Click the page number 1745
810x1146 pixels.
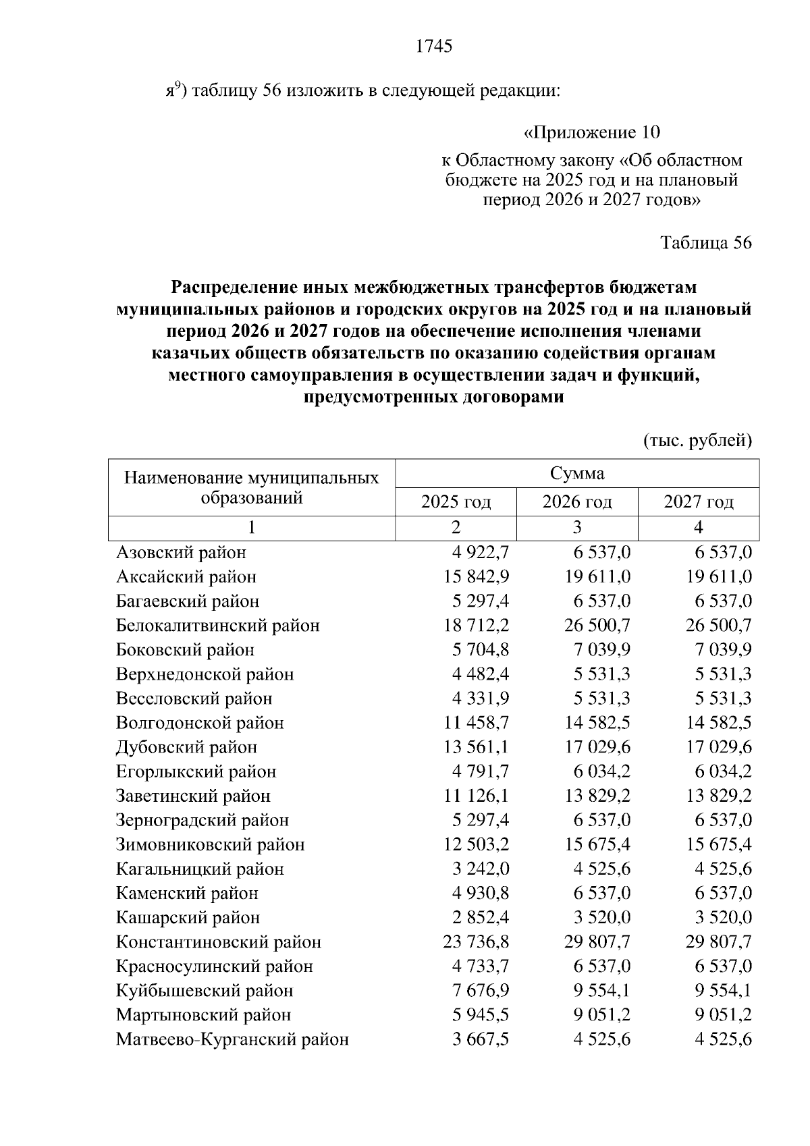click(x=434, y=46)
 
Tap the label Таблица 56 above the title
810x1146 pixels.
click(x=705, y=243)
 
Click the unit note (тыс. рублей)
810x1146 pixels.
click(x=697, y=441)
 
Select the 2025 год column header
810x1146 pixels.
click(x=456, y=502)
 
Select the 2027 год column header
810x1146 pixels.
click(x=698, y=502)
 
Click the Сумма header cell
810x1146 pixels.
click(x=577, y=473)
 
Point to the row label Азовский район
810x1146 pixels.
click(x=181, y=553)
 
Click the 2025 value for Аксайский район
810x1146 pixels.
click(x=477, y=577)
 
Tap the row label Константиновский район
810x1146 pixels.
click(x=219, y=942)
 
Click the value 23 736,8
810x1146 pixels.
click(x=477, y=942)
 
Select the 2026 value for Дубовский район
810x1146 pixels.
click(x=597, y=747)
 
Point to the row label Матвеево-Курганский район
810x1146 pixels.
click(x=232, y=1039)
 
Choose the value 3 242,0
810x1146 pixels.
click(x=481, y=869)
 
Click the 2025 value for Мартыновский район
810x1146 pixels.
click(x=481, y=1015)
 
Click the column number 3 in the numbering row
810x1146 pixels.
click(x=577, y=528)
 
